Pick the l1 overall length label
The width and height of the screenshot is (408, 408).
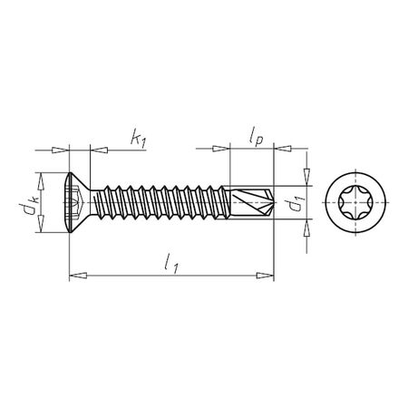(170, 263)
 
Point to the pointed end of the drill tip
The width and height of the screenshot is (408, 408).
(272, 204)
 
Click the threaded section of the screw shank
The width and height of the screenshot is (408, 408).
(163, 204)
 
